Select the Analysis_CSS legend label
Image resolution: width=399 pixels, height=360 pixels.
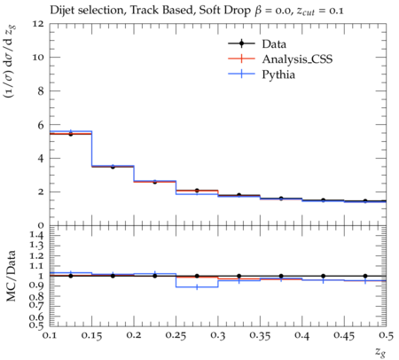(x=297, y=59)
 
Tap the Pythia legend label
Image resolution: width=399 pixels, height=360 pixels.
(x=278, y=74)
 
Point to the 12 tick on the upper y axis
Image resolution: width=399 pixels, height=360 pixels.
(x=38, y=23)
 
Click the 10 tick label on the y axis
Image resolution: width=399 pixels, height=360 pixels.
(x=38, y=57)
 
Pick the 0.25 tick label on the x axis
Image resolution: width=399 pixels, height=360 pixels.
(x=176, y=336)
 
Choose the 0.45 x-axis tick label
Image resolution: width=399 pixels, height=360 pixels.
(x=344, y=336)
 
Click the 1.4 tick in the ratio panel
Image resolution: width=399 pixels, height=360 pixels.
(x=36, y=235)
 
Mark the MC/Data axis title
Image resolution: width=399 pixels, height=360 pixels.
(x=12, y=276)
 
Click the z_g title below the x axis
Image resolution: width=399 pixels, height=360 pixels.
(x=380, y=352)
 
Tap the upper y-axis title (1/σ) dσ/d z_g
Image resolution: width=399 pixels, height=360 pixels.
(x=11, y=61)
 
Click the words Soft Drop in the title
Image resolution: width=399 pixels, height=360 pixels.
(x=224, y=11)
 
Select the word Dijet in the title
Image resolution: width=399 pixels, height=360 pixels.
(x=62, y=11)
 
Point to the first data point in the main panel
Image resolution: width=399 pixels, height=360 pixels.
(x=71, y=134)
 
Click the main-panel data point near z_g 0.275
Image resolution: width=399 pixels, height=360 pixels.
(x=197, y=191)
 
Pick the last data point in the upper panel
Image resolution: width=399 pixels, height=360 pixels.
(x=365, y=201)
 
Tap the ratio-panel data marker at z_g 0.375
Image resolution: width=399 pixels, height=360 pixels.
(x=281, y=276)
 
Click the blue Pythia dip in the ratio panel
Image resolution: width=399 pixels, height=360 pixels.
(x=197, y=287)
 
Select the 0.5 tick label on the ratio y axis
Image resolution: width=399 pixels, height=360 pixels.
(x=36, y=325)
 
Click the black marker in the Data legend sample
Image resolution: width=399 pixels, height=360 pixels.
(x=241, y=43)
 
